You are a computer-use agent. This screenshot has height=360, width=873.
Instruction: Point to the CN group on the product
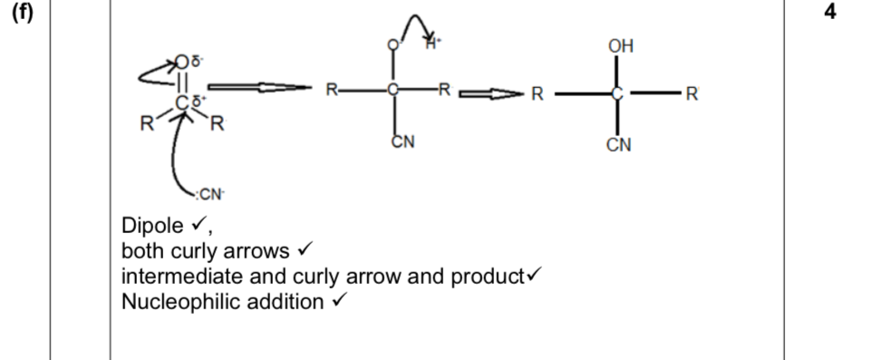click(621, 145)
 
